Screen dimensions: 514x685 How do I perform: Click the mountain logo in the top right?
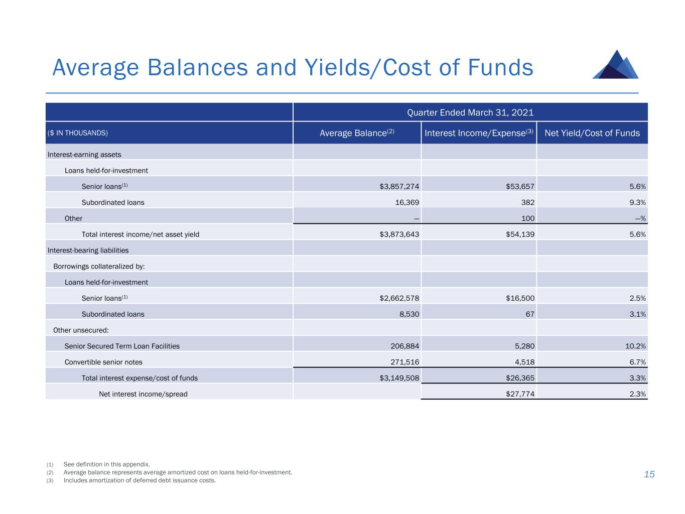coord(615,65)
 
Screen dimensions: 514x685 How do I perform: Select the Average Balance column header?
coord(357,133)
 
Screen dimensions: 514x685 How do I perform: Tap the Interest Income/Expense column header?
coord(479,133)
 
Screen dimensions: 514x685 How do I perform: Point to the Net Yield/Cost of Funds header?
coord(592,133)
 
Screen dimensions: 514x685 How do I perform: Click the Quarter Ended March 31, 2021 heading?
coord(470,112)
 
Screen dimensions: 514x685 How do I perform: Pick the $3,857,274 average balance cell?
coord(399,186)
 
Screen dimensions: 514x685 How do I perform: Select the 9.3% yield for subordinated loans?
coord(637,202)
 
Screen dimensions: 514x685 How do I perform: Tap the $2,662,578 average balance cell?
coord(399,298)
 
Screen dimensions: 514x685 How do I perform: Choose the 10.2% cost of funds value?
coord(635,346)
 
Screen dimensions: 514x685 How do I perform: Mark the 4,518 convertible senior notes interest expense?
coord(523,362)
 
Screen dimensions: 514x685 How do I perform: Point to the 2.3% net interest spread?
coord(637,394)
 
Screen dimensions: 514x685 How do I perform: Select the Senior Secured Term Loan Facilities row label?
coord(122,346)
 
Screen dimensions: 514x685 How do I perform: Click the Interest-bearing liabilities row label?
coord(88,250)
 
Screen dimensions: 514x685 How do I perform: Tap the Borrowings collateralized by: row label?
coord(99,267)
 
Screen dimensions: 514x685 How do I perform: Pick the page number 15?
coord(649,474)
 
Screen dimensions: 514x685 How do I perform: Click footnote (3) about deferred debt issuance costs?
coord(139,480)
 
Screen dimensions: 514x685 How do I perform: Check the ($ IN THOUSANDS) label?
coord(78,134)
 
